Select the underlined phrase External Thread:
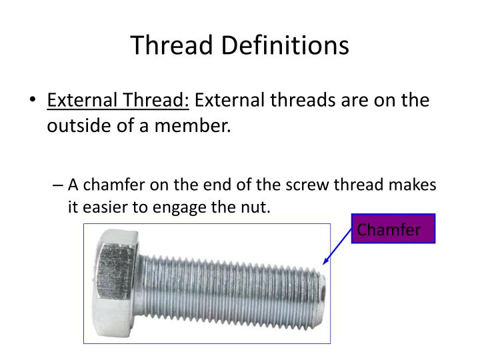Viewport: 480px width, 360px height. coord(118,101)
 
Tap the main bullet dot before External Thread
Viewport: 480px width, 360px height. coord(33,102)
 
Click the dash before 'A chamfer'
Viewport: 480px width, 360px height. coord(58,185)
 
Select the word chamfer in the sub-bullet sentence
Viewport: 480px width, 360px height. coord(112,185)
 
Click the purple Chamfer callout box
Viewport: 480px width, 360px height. coord(393,229)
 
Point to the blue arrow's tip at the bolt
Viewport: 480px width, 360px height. coord(323,265)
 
